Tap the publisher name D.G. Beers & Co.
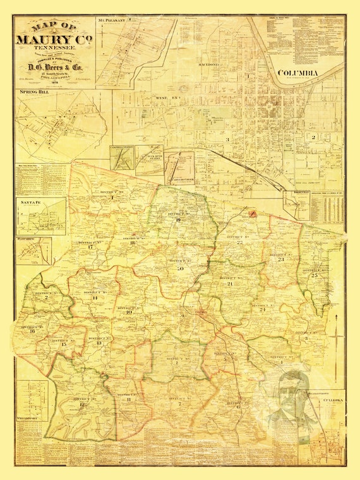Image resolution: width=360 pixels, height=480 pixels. click(56, 64)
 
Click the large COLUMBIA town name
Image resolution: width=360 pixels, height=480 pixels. click(299, 73)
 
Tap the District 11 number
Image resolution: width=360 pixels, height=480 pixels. click(129, 399)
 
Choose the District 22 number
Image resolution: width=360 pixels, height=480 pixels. click(239, 243)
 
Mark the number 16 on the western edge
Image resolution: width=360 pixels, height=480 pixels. click(32, 331)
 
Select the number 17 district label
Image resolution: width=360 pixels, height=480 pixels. click(91, 247)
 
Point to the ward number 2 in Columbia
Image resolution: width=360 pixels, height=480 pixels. click(312, 136)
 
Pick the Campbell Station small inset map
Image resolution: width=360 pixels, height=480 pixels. click(121, 158)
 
